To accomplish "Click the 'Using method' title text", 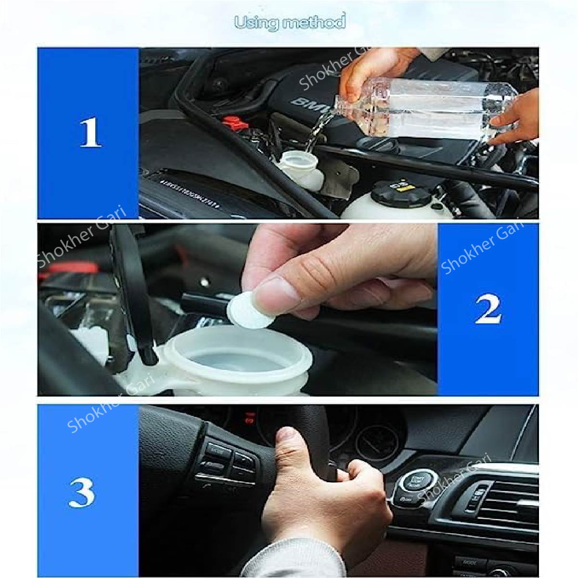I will (289, 22).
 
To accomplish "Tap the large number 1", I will (90, 133).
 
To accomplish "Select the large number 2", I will (488, 309).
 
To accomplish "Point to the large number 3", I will (82, 491).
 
